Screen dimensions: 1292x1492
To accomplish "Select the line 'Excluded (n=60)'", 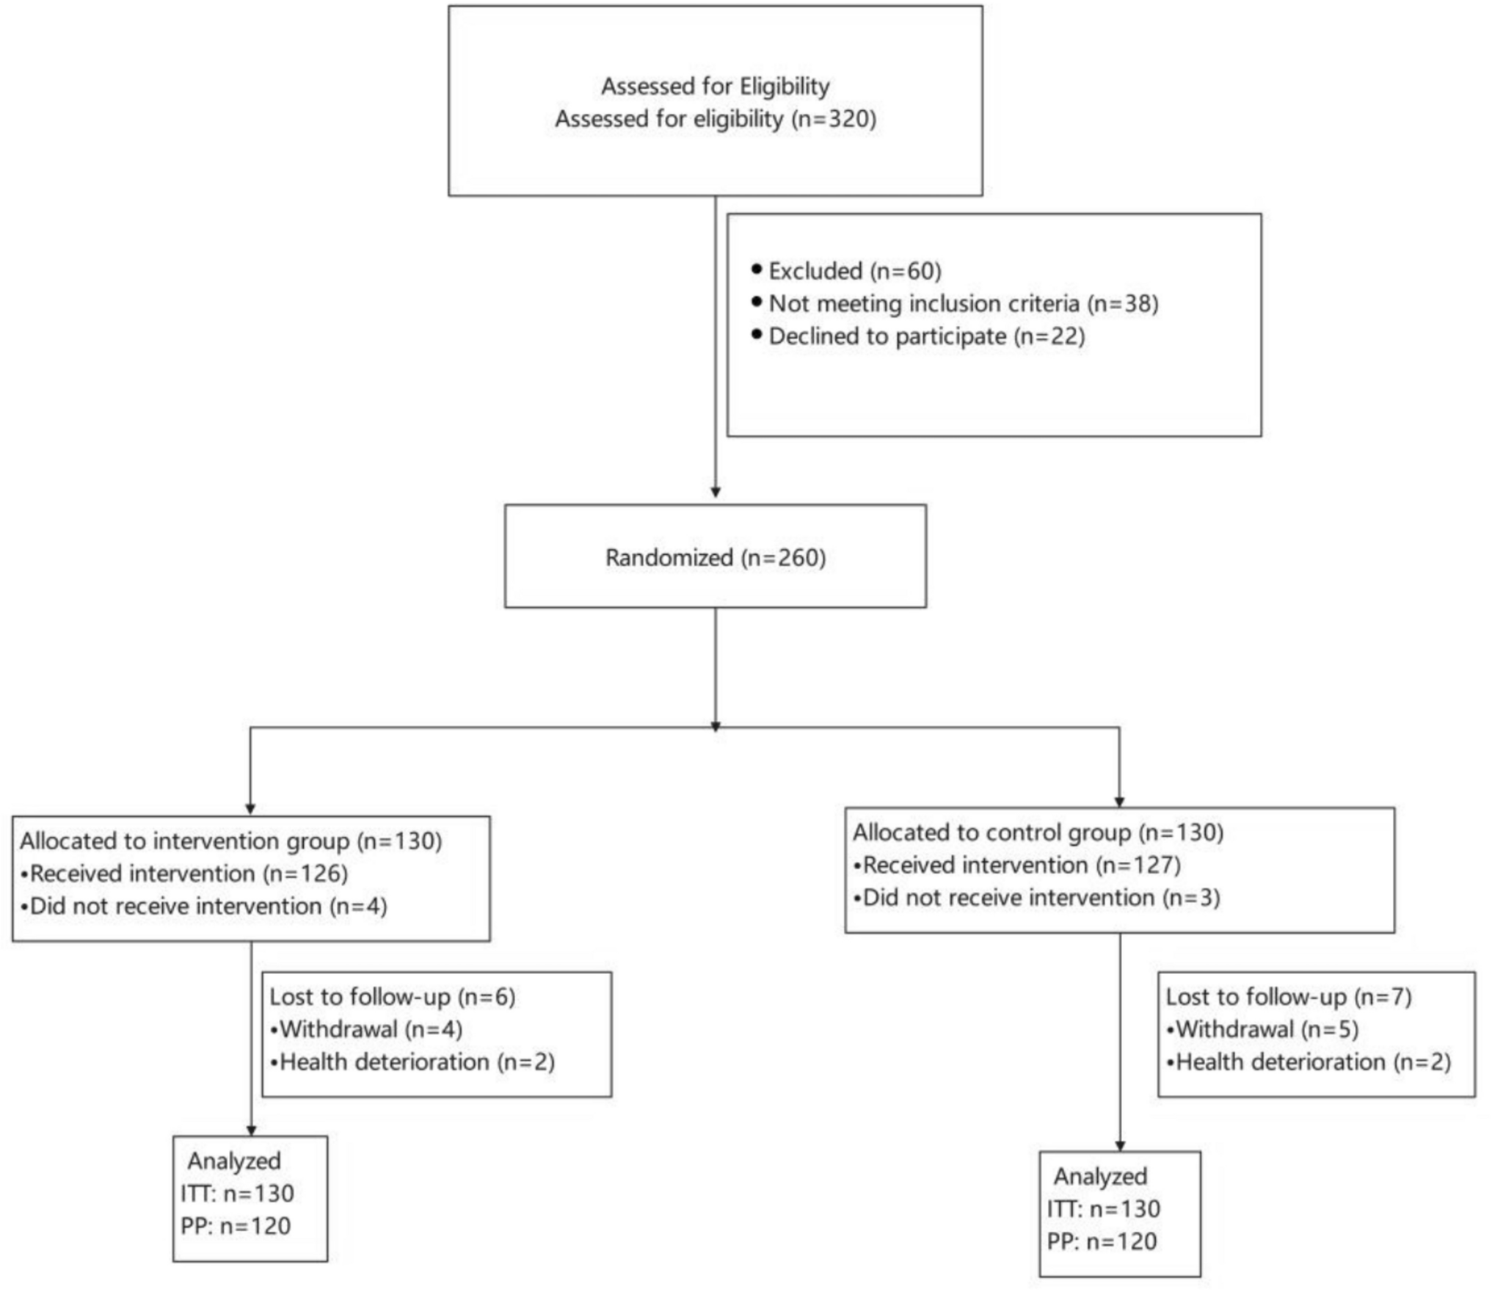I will click(x=854, y=271).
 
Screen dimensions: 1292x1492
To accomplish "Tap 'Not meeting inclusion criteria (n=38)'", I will click(x=963, y=303).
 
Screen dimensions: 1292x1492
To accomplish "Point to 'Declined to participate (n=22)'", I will click(x=926, y=336).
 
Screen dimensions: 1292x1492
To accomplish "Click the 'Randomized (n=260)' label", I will click(x=715, y=557).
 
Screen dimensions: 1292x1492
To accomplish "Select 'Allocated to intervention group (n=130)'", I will click(x=231, y=841).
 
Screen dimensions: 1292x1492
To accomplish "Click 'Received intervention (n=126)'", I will click(x=189, y=874).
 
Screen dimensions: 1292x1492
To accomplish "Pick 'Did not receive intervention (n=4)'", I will click(x=208, y=906).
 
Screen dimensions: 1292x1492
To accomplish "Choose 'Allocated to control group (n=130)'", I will click(x=1038, y=832).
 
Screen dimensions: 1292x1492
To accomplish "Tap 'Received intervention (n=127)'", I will click(x=1022, y=865).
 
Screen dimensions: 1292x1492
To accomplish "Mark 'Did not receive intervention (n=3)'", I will click(x=1041, y=898).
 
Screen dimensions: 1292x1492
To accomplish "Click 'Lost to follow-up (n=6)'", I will click(x=393, y=996).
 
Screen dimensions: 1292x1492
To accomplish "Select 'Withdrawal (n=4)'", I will click(x=371, y=1029).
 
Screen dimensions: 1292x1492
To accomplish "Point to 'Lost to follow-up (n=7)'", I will click(x=1288, y=996).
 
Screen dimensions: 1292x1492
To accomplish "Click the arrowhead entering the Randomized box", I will click(x=715, y=493).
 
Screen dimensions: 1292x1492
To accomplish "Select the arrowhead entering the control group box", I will click(x=1119, y=802).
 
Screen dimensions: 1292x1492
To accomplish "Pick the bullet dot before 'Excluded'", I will click(x=757, y=269).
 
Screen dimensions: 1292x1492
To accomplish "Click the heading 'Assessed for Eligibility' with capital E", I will click(x=715, y=87).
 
